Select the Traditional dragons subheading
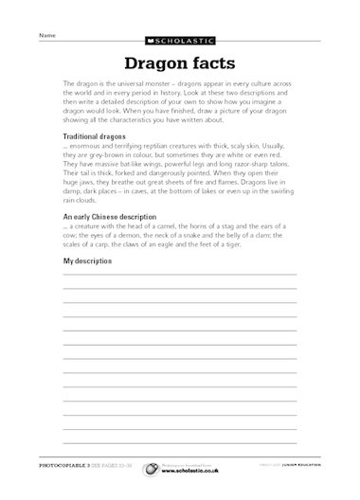(x=98, y=137)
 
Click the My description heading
(x=87, y=259)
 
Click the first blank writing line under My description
(x=179, y=276)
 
